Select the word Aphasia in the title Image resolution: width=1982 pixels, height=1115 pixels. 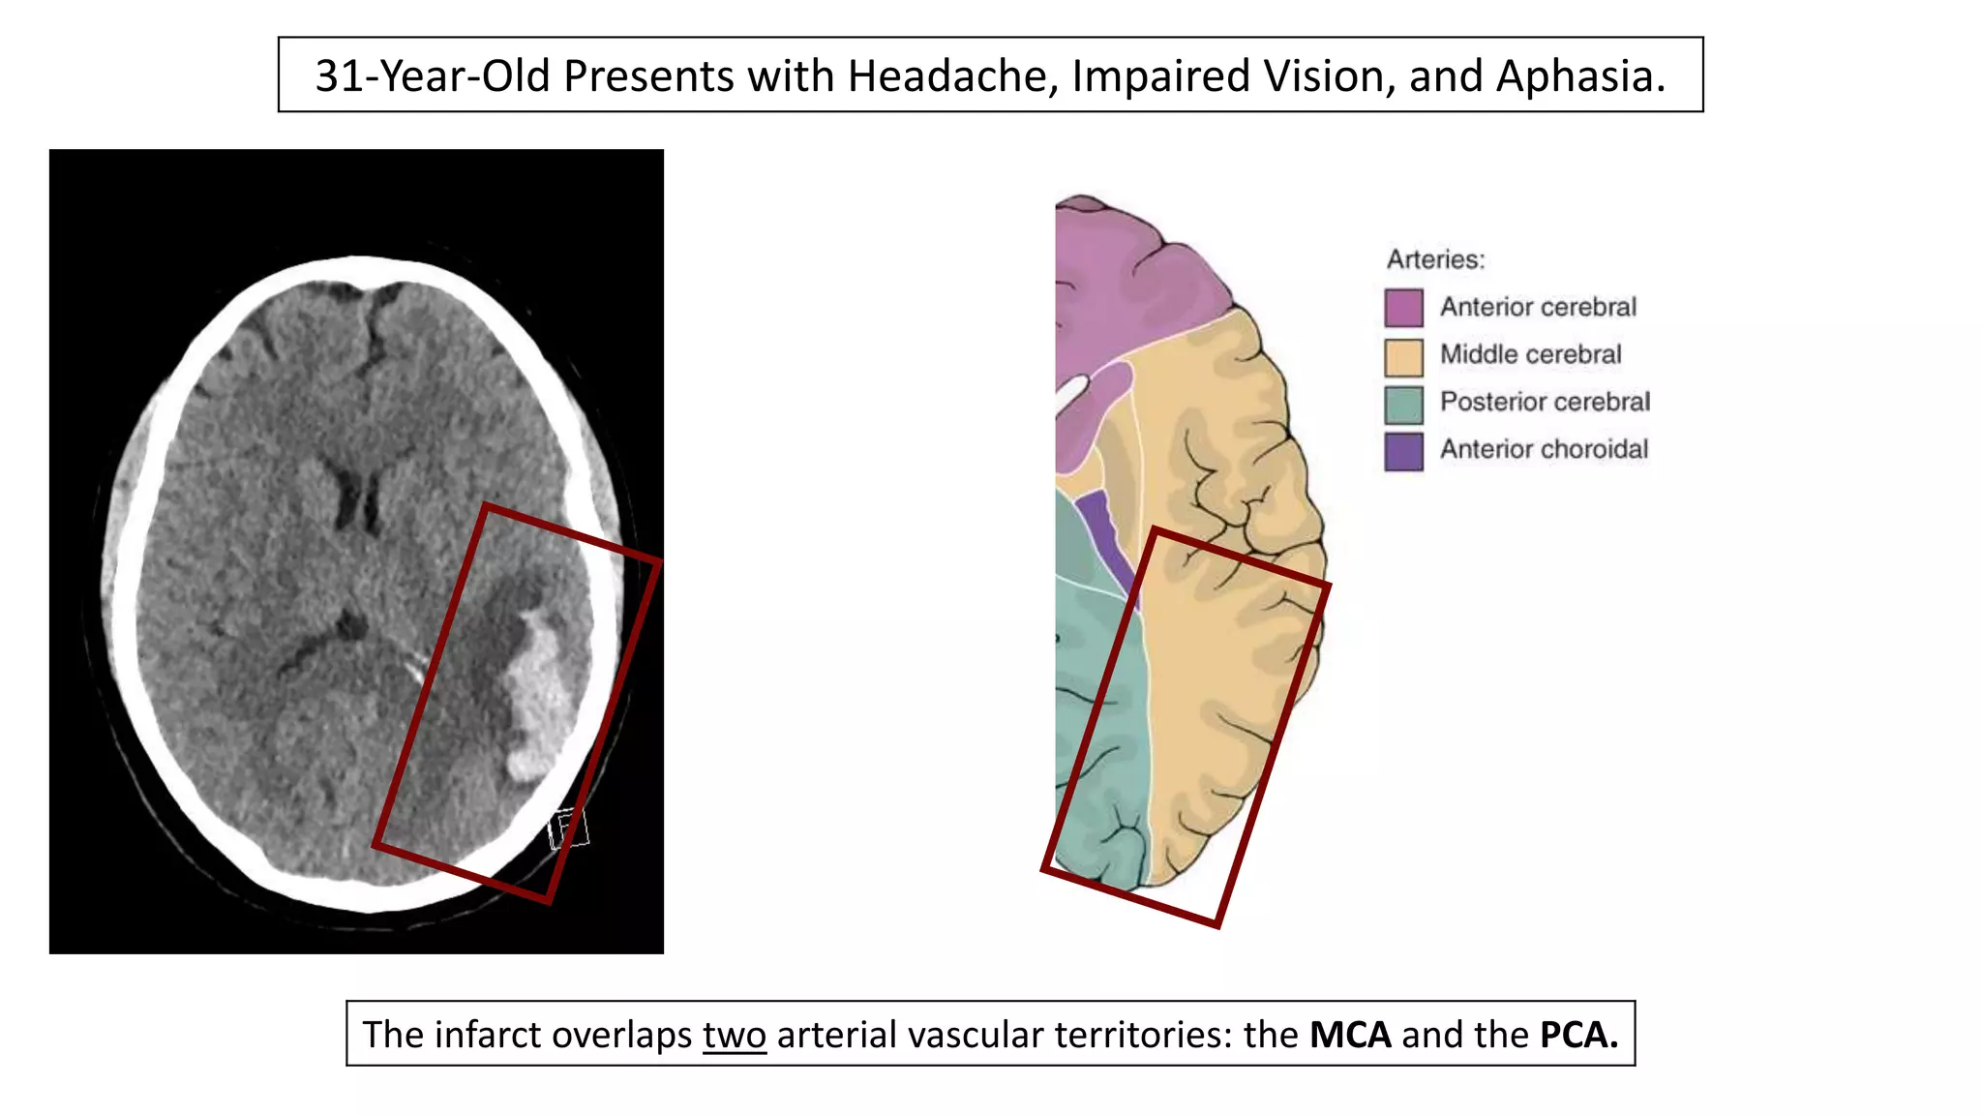(x=1580, y=75)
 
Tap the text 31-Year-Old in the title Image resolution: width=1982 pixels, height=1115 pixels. (x=433, y=75)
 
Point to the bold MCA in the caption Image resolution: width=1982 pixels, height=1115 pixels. (x=1350, y=1035)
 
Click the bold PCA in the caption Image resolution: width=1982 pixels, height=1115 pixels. (x=1578, y=1035)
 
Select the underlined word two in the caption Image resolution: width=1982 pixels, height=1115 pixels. (x=735, y=1035)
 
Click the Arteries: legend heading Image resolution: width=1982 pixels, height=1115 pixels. (x=1435, y=259)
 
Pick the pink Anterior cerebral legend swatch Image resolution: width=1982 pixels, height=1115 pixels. (x=1403, y=308)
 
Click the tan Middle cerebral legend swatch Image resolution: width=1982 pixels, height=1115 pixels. (x=1403, y=355)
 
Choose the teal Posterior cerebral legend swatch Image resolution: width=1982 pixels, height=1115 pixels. (x=1403, y=404)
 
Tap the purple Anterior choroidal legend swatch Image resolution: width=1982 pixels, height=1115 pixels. (x=1403, y=451)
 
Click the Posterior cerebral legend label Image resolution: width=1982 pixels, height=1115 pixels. (x=1545, y=402)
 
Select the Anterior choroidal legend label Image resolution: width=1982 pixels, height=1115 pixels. (x=1544, y=449)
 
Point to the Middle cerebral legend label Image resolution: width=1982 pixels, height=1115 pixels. (x=1530, y=354)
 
